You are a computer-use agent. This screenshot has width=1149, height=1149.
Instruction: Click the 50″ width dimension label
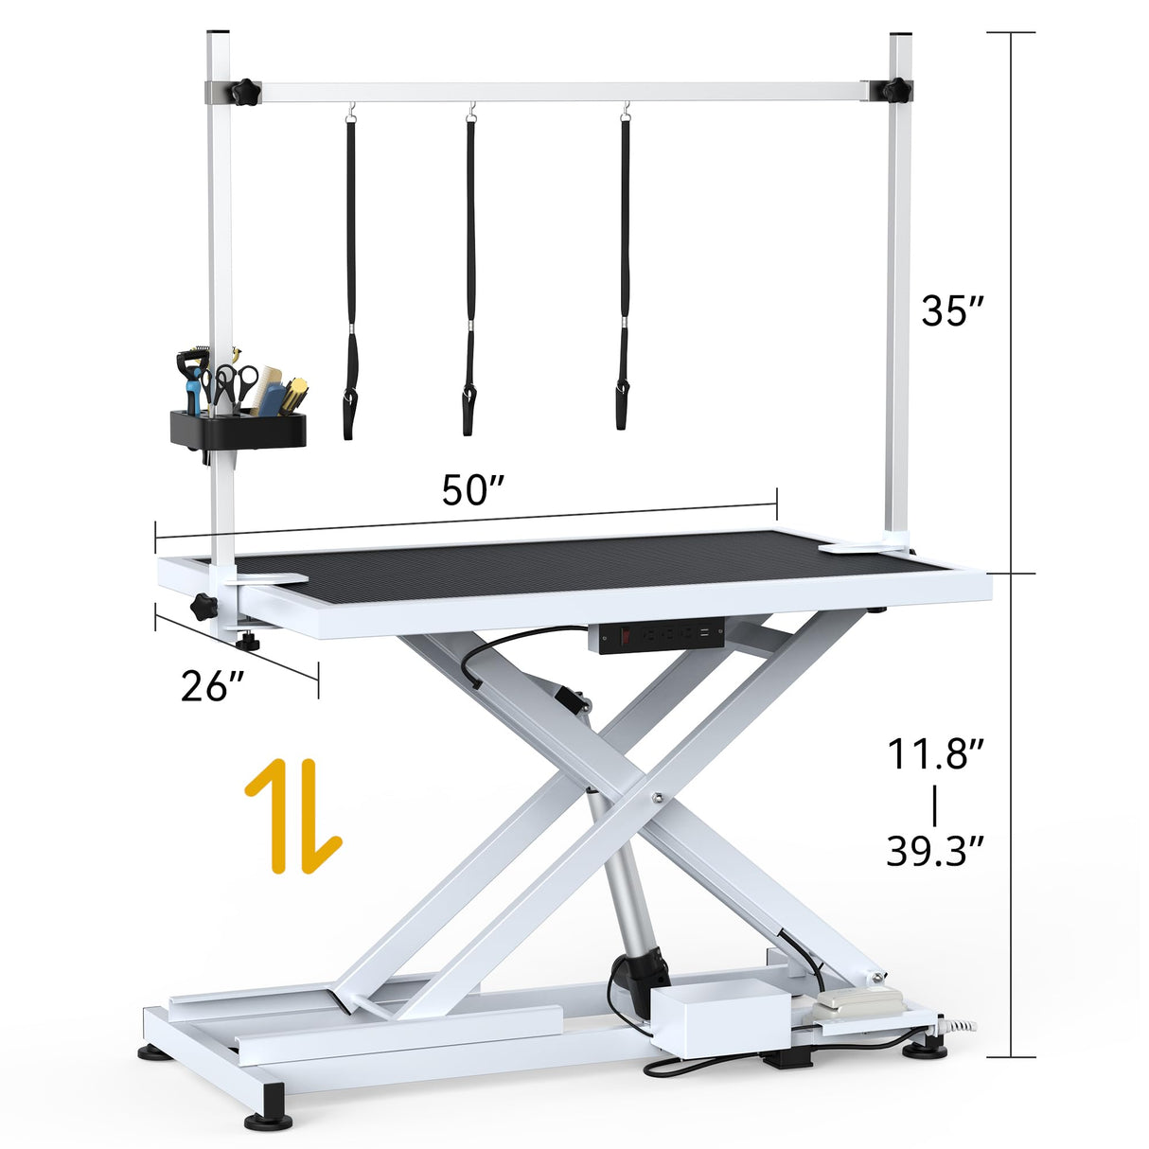coord(472,490)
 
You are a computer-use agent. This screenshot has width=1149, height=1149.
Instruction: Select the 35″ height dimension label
coord(953,310)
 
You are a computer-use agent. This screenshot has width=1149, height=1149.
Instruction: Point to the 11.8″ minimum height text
coord(936,754)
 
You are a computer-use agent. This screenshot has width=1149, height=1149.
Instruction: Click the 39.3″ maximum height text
coord(936,851)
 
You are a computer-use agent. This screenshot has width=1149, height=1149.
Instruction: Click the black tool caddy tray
coord(238,430)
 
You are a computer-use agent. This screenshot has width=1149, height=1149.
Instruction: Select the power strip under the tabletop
coord(655,634)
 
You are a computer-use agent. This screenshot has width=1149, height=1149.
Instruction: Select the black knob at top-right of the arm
coord(895,91)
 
